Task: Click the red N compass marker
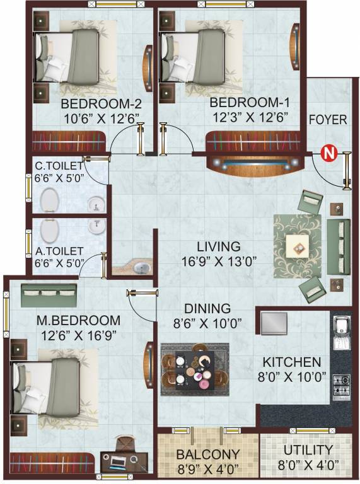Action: click(327, 153)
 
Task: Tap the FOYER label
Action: click(327, 120)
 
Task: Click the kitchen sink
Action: click(340, 327)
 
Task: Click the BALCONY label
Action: click(208, 454)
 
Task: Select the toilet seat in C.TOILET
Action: click(50, 202)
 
